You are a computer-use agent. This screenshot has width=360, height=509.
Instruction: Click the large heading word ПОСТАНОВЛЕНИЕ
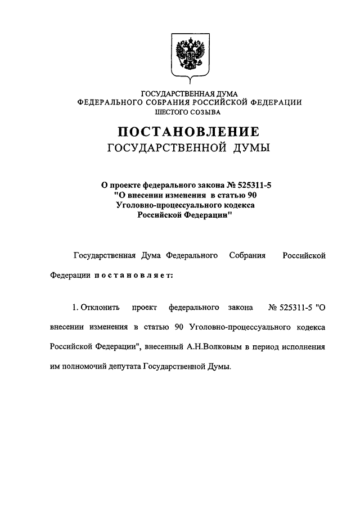(x=188, y=133)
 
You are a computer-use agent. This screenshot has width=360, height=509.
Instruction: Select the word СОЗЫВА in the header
(x=206, y=112)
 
